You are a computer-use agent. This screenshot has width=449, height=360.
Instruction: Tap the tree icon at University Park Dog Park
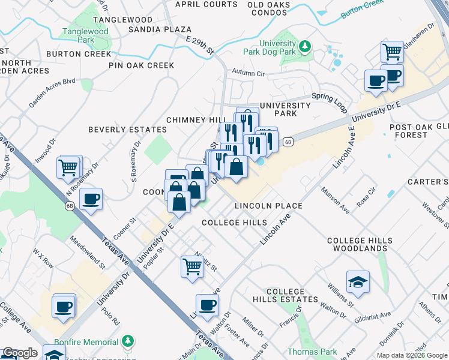coord(306,46)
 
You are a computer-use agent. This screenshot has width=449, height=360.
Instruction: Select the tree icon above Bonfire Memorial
coord(127,341)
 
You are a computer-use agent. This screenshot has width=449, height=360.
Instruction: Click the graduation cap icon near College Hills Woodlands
coord(358,283)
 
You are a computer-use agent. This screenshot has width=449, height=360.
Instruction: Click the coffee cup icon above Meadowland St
coord(91,199)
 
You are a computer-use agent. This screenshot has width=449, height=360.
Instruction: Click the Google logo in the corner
coord(20,353)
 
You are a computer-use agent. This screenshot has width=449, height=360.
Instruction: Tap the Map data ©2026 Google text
coord(411,355)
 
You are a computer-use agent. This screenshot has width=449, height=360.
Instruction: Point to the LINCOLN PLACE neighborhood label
coord(268,206)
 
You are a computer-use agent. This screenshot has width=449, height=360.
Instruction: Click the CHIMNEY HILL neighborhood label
coord(191,120)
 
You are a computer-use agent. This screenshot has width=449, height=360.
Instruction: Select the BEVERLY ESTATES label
coord(127,130)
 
